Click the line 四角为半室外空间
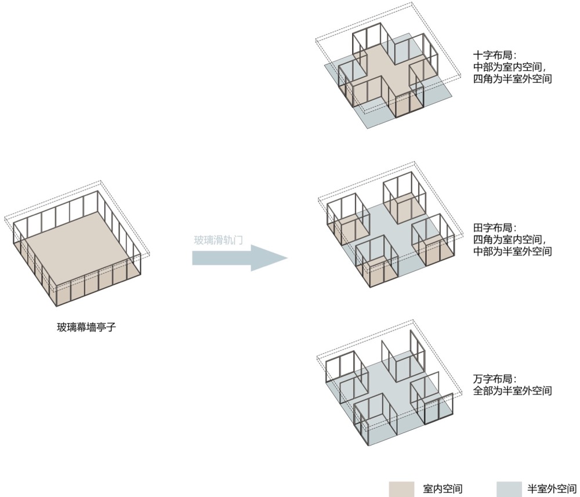[512, 78]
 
